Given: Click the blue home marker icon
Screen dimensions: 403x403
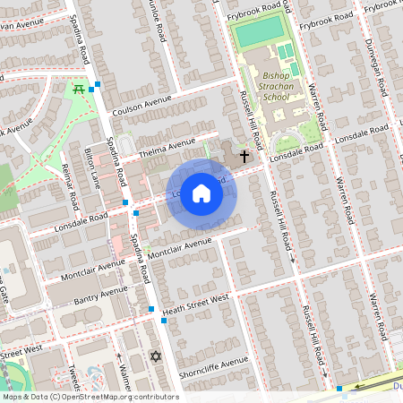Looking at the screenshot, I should click(x=201, y=193).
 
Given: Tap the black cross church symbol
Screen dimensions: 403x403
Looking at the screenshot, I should click(x=244, y=156).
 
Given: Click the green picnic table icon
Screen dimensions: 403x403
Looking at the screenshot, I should click(x=79, y=89).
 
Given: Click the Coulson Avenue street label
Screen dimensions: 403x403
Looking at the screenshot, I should click(x=142, y=106).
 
